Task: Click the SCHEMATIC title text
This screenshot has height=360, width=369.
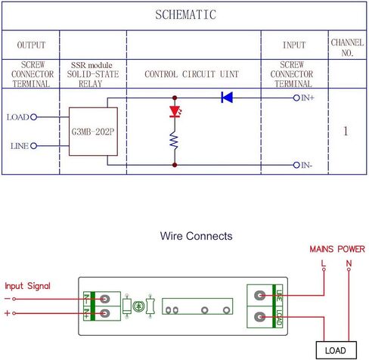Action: [185, 14]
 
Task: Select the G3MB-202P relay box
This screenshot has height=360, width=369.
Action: [93, 132]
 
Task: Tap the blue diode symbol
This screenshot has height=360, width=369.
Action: [227, 98]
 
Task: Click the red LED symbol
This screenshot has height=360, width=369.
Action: [175, 111]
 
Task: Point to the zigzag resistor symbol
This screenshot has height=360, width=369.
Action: [174, 140]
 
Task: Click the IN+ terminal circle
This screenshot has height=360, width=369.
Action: [296, 98]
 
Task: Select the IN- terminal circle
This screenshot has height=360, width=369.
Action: [296, 165]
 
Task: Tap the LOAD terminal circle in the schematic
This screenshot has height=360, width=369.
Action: [33, 117]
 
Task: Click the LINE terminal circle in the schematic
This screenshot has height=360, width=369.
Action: [33, 146]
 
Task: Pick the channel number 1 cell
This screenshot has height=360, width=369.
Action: [346, 131]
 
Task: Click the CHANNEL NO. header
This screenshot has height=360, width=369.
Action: [347, 48]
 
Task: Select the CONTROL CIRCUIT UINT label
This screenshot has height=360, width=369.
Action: [191, 74]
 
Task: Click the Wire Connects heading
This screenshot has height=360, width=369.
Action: [196, 236]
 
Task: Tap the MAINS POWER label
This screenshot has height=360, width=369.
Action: [337, 249]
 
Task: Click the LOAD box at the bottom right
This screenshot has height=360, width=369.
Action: [336, 350]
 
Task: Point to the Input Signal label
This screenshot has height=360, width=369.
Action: [27, 286]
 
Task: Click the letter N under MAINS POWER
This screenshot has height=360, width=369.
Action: [349, 263]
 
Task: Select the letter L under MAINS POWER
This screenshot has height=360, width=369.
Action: [324, 263]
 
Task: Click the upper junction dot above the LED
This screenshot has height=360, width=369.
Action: [175, 98]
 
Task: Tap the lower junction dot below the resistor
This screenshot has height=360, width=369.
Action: [175, 165]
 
